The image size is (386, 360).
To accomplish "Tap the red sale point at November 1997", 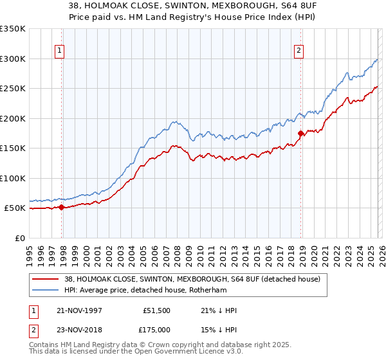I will (62, 207).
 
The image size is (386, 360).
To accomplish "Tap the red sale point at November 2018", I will (300, 133).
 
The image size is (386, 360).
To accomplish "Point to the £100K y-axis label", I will (13, 178).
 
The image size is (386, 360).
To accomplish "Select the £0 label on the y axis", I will (19, 238).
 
